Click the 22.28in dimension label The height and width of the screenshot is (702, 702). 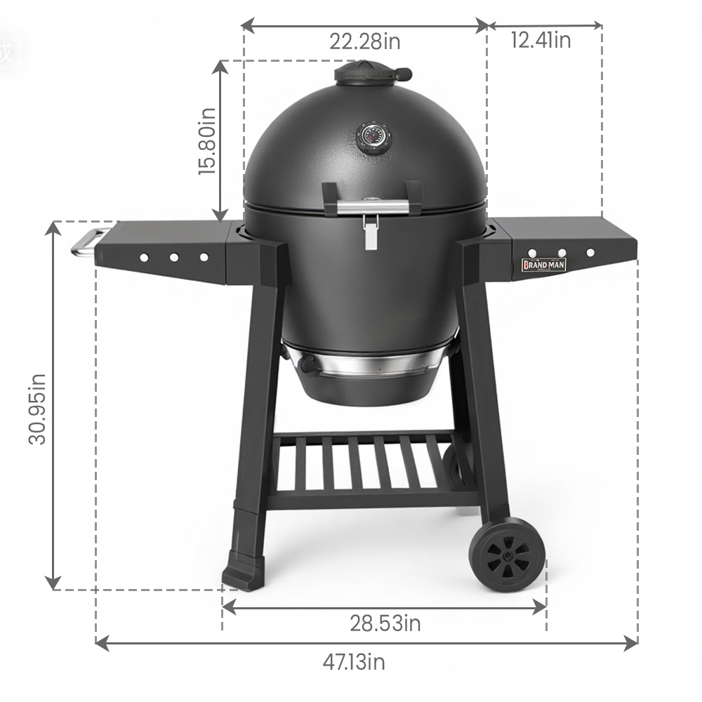click(x=365, y=41)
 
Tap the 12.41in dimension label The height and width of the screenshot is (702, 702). click(x=541, y=40)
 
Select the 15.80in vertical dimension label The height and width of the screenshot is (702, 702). click(x=207, y=141)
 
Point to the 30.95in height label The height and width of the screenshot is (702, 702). click(x=37, y=409)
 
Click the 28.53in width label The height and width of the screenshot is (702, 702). click(x=385, y=623)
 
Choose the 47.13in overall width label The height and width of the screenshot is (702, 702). click(x=354, y=662)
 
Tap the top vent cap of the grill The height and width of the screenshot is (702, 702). click(x=371, y=72)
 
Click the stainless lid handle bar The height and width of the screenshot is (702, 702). click(x=373, y=207)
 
